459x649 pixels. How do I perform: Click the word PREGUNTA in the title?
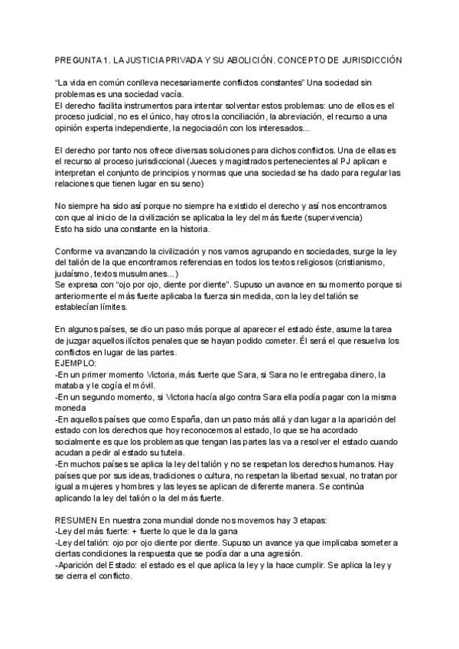79,59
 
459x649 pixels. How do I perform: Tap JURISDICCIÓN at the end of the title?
369,59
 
